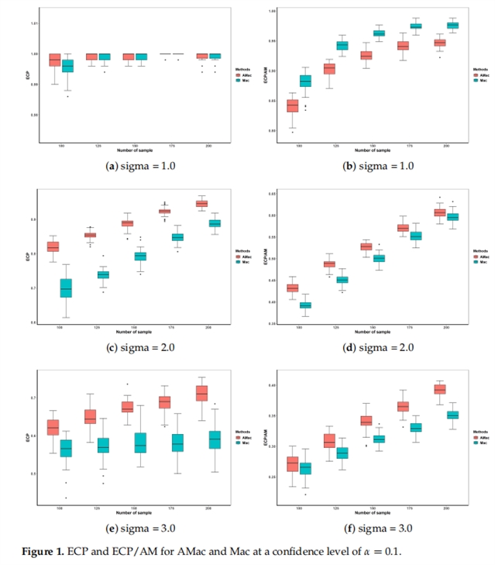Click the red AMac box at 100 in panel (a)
55,60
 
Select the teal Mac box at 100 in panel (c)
66,288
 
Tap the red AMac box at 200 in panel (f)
440,389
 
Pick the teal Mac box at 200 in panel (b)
452,26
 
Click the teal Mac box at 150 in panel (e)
140,443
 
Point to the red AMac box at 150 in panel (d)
366,246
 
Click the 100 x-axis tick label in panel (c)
60,329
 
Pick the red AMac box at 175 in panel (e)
164,401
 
